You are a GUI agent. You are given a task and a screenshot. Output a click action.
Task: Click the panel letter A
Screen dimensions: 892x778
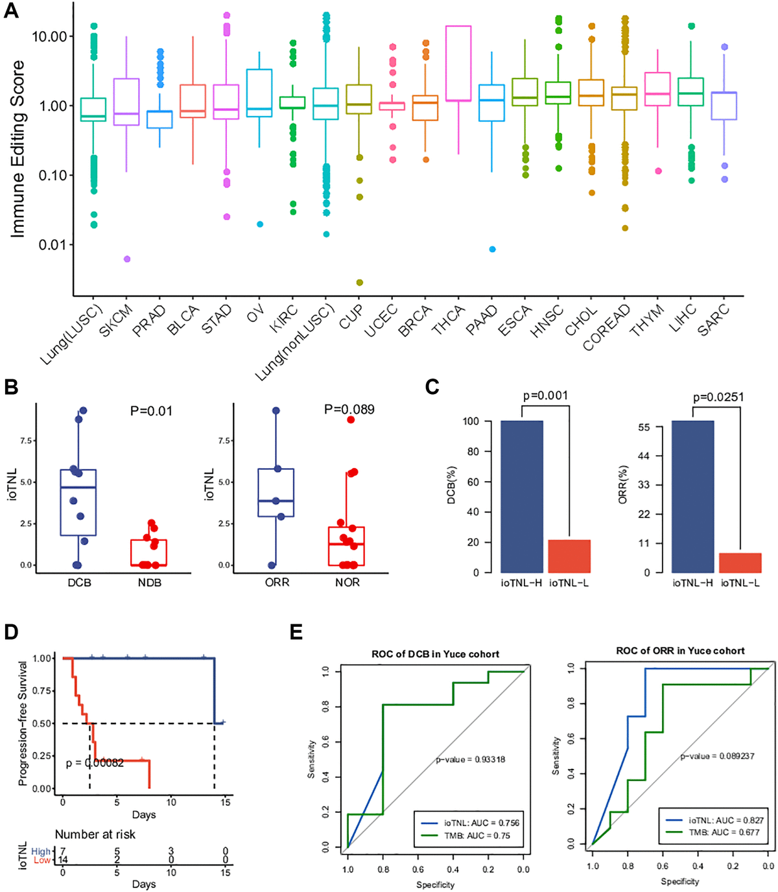[x=11, y=11]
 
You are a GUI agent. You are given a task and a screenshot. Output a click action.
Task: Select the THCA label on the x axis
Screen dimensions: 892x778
[x=449, y=320]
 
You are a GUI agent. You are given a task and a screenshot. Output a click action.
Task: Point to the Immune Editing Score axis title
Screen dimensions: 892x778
[x=18, y=149]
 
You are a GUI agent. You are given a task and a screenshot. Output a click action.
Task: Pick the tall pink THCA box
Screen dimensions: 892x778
[x=458, y=64]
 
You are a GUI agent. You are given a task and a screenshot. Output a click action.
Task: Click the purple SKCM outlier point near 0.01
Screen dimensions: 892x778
[x=127, y=259]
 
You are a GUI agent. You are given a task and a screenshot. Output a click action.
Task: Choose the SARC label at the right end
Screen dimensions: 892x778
[x=714, y=320]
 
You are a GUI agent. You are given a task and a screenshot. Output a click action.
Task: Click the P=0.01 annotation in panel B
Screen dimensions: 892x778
[x=151, y=411]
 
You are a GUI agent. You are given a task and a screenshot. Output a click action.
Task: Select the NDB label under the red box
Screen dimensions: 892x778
[x=149, y=582]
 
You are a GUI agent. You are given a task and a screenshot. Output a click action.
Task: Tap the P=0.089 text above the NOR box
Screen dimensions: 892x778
[x=349, y=410]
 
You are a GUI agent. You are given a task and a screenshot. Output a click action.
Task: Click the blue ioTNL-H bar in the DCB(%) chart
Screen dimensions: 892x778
[x=522, y=497]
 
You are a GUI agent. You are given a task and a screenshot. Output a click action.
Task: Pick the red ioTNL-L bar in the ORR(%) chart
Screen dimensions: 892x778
[x=740, y=562]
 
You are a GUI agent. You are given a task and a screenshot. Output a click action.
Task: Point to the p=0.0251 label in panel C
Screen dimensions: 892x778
[x=718, y=397]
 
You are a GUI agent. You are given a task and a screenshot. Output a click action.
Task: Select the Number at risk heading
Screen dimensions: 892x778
[x=95, y=834]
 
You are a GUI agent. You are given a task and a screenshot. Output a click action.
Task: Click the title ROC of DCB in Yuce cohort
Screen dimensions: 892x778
[x=435, y=654]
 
